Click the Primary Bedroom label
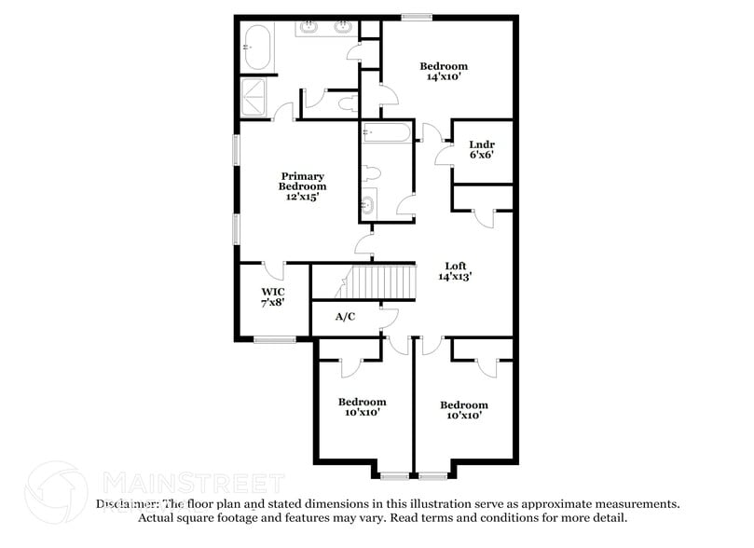[304, 181]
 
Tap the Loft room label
[456, 266]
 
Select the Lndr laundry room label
[482, 144]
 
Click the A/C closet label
[345, 317]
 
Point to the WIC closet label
[272, 291]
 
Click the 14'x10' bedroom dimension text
[444, 77]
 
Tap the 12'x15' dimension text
[304, 197]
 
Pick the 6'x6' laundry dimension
[482, 156]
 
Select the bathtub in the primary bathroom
[257, 47]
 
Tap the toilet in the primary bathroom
[348, 103]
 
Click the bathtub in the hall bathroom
[386, 133]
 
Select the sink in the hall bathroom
[369, 204]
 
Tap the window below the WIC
[274, 340]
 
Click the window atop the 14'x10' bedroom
[417, 16]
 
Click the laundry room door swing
[444, 155]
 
